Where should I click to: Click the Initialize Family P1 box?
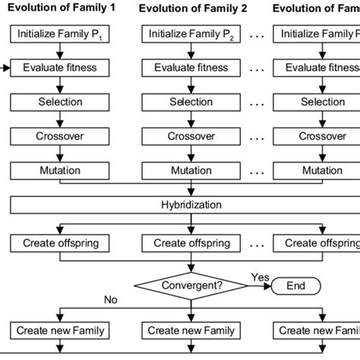coord(59,34)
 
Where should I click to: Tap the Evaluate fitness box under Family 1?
coord(59,68)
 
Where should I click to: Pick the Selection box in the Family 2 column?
coord(191,103)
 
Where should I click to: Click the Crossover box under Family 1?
coord(59,137)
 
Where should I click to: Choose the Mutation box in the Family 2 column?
coord(191,171)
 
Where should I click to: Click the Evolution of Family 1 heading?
coord(61,9)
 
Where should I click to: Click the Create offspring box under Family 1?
coord(59,243)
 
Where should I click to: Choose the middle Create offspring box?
coord(191,243)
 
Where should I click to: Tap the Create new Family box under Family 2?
coord(191,330)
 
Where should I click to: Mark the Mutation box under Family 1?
coord(59,171)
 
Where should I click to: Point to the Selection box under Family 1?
coord(59,103)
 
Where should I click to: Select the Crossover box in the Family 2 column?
coord(191,137)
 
